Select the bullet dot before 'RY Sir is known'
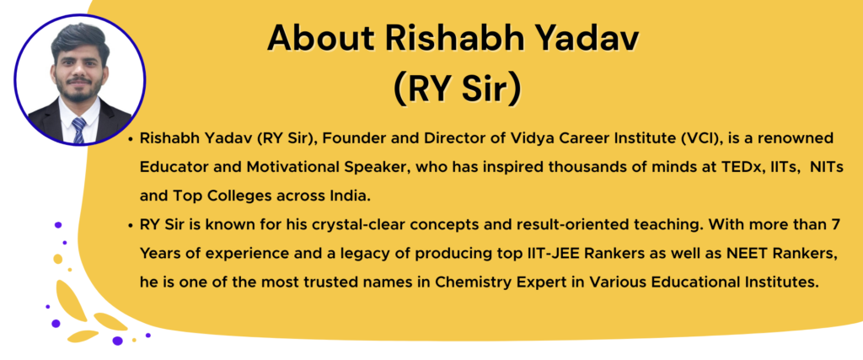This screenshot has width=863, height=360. [128, 226]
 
